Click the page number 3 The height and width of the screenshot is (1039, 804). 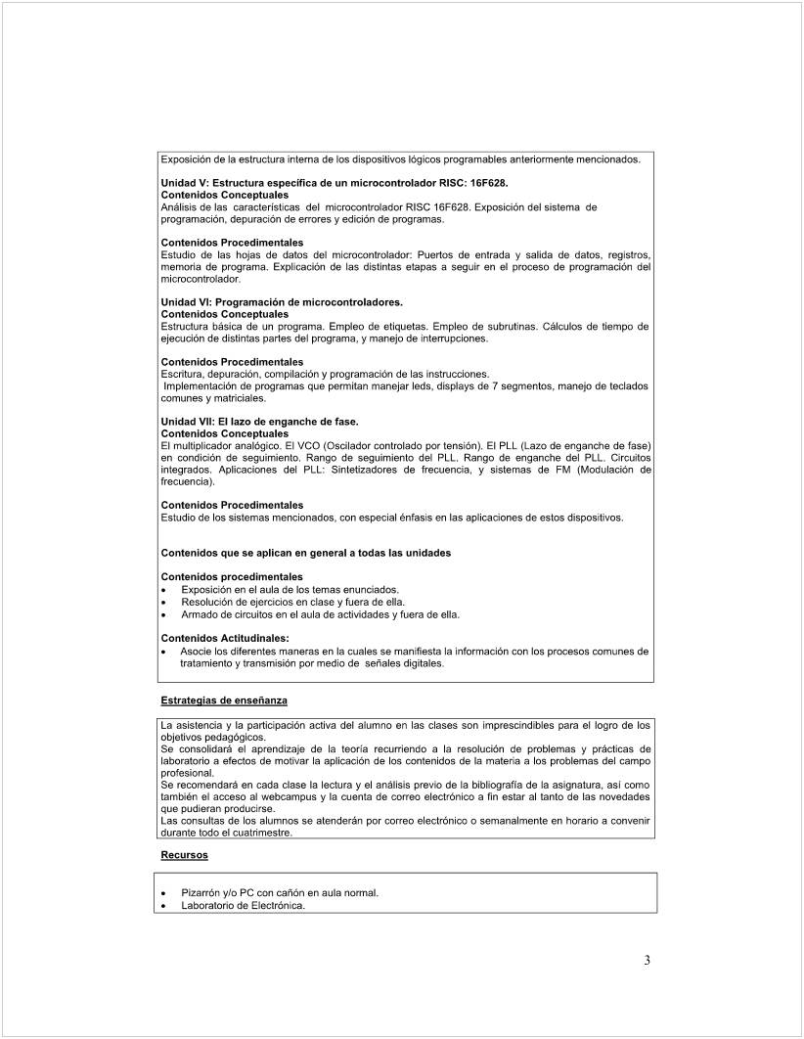(647, 960)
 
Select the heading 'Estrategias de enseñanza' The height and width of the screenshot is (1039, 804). (224, 700)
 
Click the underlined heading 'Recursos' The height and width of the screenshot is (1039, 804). (184, 855)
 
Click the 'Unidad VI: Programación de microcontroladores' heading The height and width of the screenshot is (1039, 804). (282, 302)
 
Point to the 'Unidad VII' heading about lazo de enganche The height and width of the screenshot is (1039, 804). (259, 422)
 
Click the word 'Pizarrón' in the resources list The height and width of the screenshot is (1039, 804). (202, 893)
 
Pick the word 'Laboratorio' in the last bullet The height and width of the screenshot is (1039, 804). (208, 906)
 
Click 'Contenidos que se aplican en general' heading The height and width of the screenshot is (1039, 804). (305, 553)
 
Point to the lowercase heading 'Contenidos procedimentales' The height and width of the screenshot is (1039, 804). (232, 577)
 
